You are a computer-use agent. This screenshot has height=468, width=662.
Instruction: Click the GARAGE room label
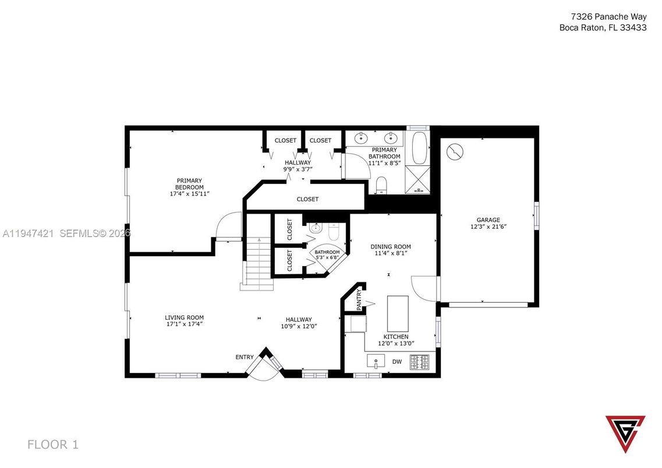488,220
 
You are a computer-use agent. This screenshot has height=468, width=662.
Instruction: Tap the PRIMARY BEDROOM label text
190,183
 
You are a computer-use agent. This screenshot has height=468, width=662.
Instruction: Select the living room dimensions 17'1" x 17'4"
184,324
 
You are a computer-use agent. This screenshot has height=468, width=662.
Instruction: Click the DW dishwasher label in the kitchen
397,361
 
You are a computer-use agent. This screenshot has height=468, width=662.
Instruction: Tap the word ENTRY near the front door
245,357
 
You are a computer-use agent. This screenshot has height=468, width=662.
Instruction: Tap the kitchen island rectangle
398,313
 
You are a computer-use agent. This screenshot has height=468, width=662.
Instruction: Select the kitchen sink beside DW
376,361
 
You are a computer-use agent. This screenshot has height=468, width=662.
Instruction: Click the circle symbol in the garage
455,152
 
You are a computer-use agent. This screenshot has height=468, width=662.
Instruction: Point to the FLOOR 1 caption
52,445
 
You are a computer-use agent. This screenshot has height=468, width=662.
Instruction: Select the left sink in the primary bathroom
362,139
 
